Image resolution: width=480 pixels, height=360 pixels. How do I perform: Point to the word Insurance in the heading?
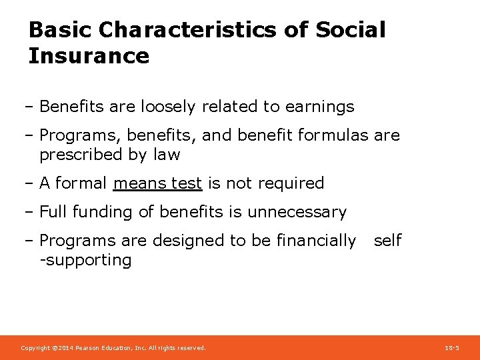coord(89,56)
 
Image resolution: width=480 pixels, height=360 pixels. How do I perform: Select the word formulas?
coord(331,135)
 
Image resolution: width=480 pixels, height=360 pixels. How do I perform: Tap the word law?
coord(167,155)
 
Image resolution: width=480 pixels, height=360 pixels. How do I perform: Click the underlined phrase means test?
coord(157,183)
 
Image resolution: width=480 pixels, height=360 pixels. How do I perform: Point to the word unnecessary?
coord(297,213)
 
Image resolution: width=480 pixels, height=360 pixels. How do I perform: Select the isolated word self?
coord(387,241)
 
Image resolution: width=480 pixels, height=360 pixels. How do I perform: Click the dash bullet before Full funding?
coord(31,213)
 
